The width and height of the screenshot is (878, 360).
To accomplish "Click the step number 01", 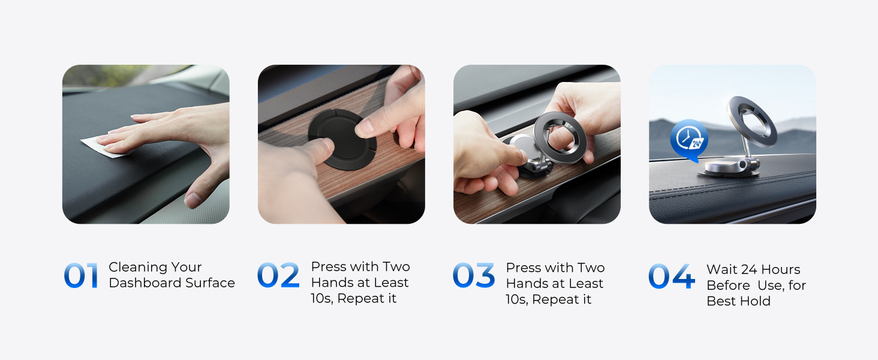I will tap(81, 277).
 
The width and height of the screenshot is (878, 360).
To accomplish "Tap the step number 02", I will tap(278, 276).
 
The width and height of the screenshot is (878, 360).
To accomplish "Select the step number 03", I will tap(474, 276).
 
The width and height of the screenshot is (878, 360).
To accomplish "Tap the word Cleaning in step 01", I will tap(129, 267).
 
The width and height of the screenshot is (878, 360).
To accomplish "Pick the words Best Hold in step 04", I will tap(738, 301).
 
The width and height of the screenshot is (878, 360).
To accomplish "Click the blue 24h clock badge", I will tap(688, 140).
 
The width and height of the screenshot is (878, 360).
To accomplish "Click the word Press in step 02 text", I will tap(329, 267).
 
